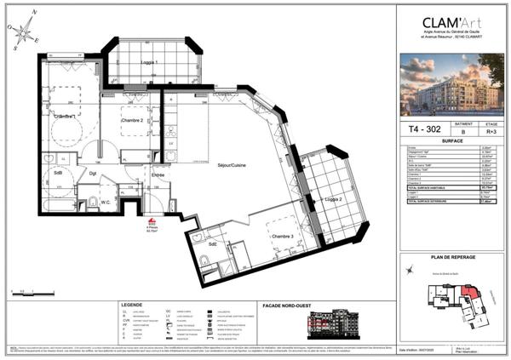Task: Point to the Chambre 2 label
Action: pos(133,122)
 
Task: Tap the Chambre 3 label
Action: pos(282,236)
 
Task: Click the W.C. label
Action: pos(106,202)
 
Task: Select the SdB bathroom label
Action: pos(58,173)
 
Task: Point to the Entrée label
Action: pos(158,175)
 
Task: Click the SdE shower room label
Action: pos(211,244)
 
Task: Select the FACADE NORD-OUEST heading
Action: pos(335,304)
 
